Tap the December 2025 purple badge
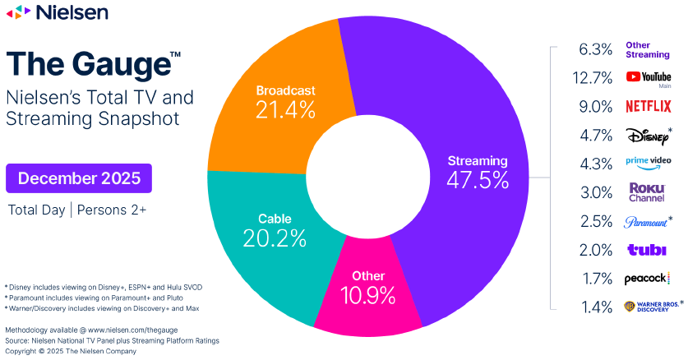(x=79, y=178)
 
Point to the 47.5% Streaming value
(x=478, y=180)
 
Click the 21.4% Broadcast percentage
(x=285, y=109)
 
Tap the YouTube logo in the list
(x=649, y=77)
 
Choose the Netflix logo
(x=649, y=106)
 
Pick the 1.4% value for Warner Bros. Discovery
(x=596, y=307)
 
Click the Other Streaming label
(x=648, y=49)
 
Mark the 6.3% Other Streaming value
(x=596, y=49)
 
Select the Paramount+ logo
(x=645, y=221)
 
